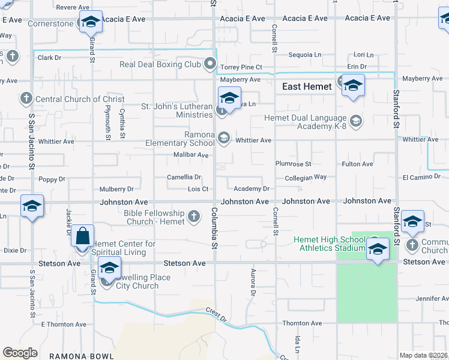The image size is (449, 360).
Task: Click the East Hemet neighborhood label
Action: click(307, 86)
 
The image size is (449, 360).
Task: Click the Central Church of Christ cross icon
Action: click(25, 98)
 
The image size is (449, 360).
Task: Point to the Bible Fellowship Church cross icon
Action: click(193, 216)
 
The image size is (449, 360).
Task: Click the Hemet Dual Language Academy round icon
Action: click(355, 122)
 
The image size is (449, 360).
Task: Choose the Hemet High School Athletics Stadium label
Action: click(330, 244)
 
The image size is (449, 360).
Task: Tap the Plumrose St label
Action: click(293, 163)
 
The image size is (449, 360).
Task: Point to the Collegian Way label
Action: click(306, 177)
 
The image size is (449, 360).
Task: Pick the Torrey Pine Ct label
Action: click(241, 67)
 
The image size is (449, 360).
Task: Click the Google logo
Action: click(20, 353)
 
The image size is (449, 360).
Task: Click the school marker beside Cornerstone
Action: click(90, 22)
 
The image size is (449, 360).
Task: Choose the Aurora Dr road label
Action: click(252, 283)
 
